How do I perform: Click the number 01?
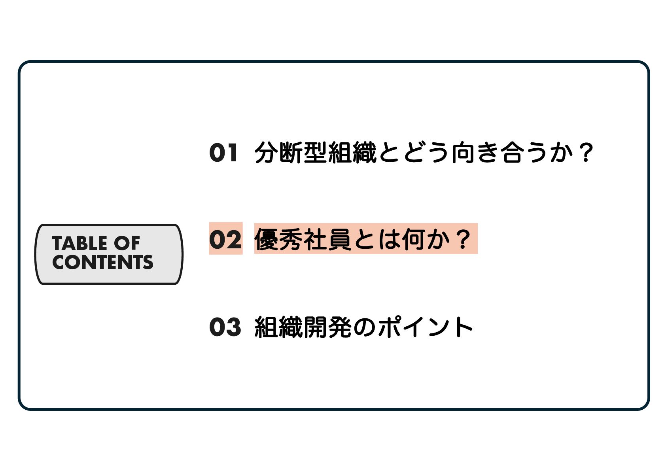tap(224, 153)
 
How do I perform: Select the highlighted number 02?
tap(225, 239)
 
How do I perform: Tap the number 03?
tap(225, 327)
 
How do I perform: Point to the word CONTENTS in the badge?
tap(102, 262)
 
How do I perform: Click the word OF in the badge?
tap(127, 243)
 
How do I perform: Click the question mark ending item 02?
tap(462, 239)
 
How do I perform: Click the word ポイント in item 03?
tap(426, 327)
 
